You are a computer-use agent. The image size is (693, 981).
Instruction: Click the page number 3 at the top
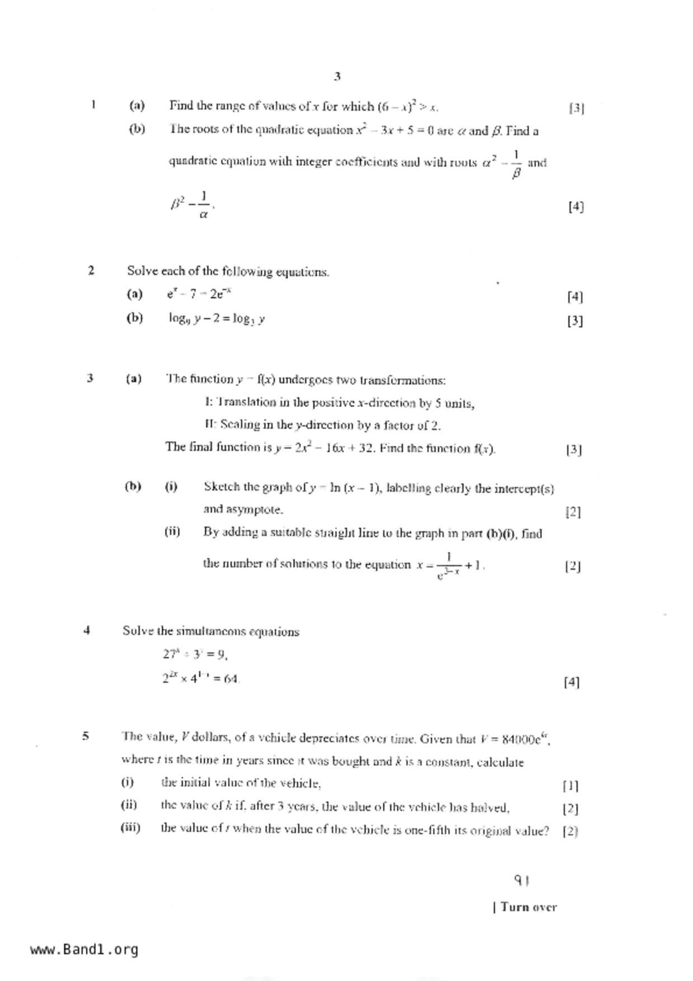click(337, 77)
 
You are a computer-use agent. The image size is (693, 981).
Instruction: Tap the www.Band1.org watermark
click(84, 950)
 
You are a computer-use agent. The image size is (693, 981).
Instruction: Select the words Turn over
click(528, 907)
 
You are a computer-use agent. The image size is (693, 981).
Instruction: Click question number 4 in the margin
click(87, 630)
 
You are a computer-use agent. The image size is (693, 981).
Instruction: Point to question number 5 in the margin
click(86, 736)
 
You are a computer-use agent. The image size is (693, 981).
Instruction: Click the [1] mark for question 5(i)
click(571, 786)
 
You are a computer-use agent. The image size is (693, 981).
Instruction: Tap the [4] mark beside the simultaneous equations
click(572, 682)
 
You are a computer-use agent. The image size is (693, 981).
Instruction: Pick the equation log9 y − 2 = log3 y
click(217, 319)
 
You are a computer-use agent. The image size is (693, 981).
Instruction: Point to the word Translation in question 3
click(246, 403)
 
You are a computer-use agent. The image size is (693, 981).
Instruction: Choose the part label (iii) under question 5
click(130, 827)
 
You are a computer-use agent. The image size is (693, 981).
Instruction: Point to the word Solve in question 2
click(142, 271)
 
